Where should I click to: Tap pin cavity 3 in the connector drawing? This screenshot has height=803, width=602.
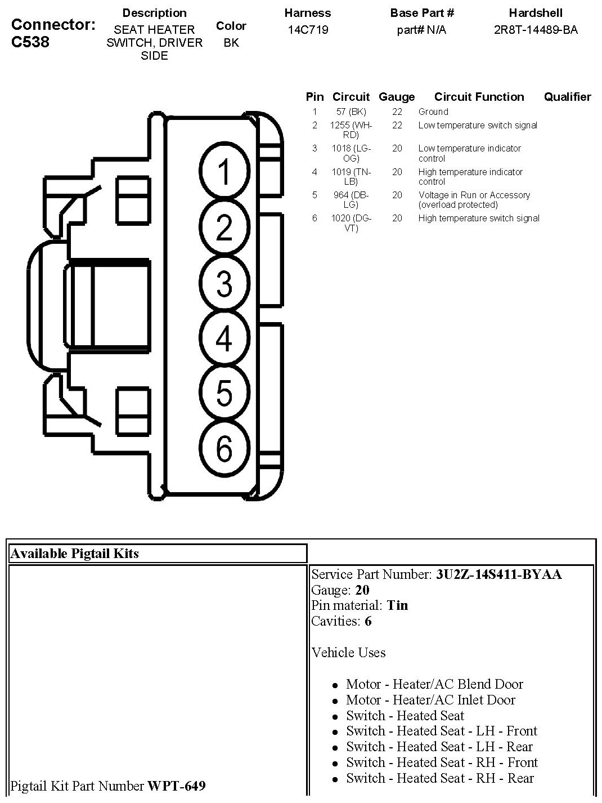[224, 283]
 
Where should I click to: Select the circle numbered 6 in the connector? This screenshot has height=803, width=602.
[224, 449]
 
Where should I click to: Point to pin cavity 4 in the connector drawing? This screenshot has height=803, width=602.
[224, 338]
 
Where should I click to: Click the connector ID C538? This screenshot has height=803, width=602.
[30, 42]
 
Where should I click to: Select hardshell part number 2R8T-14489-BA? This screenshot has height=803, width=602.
[536, 30]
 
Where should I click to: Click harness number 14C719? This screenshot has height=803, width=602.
[308, 30]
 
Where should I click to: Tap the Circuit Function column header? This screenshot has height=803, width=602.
[479, 97]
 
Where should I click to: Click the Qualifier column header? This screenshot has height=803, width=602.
[567, 97]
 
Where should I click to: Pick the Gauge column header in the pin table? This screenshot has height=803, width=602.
[397, 97]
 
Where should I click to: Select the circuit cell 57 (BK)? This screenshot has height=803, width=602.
[351, 111]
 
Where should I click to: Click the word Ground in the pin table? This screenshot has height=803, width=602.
[433, 111]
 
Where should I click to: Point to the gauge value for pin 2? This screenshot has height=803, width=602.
[397, 125]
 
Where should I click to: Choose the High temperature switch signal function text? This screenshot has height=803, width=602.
[479, 218]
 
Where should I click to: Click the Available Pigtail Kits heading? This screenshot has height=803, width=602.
[74, 554]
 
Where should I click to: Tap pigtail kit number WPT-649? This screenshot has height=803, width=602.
[176, 786]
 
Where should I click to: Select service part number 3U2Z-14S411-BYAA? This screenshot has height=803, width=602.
[498, 574]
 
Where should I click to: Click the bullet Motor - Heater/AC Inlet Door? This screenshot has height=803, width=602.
[430, 700]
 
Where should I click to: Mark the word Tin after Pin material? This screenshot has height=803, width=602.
[398, 605]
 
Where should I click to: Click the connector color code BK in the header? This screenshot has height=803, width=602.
[231, 42]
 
